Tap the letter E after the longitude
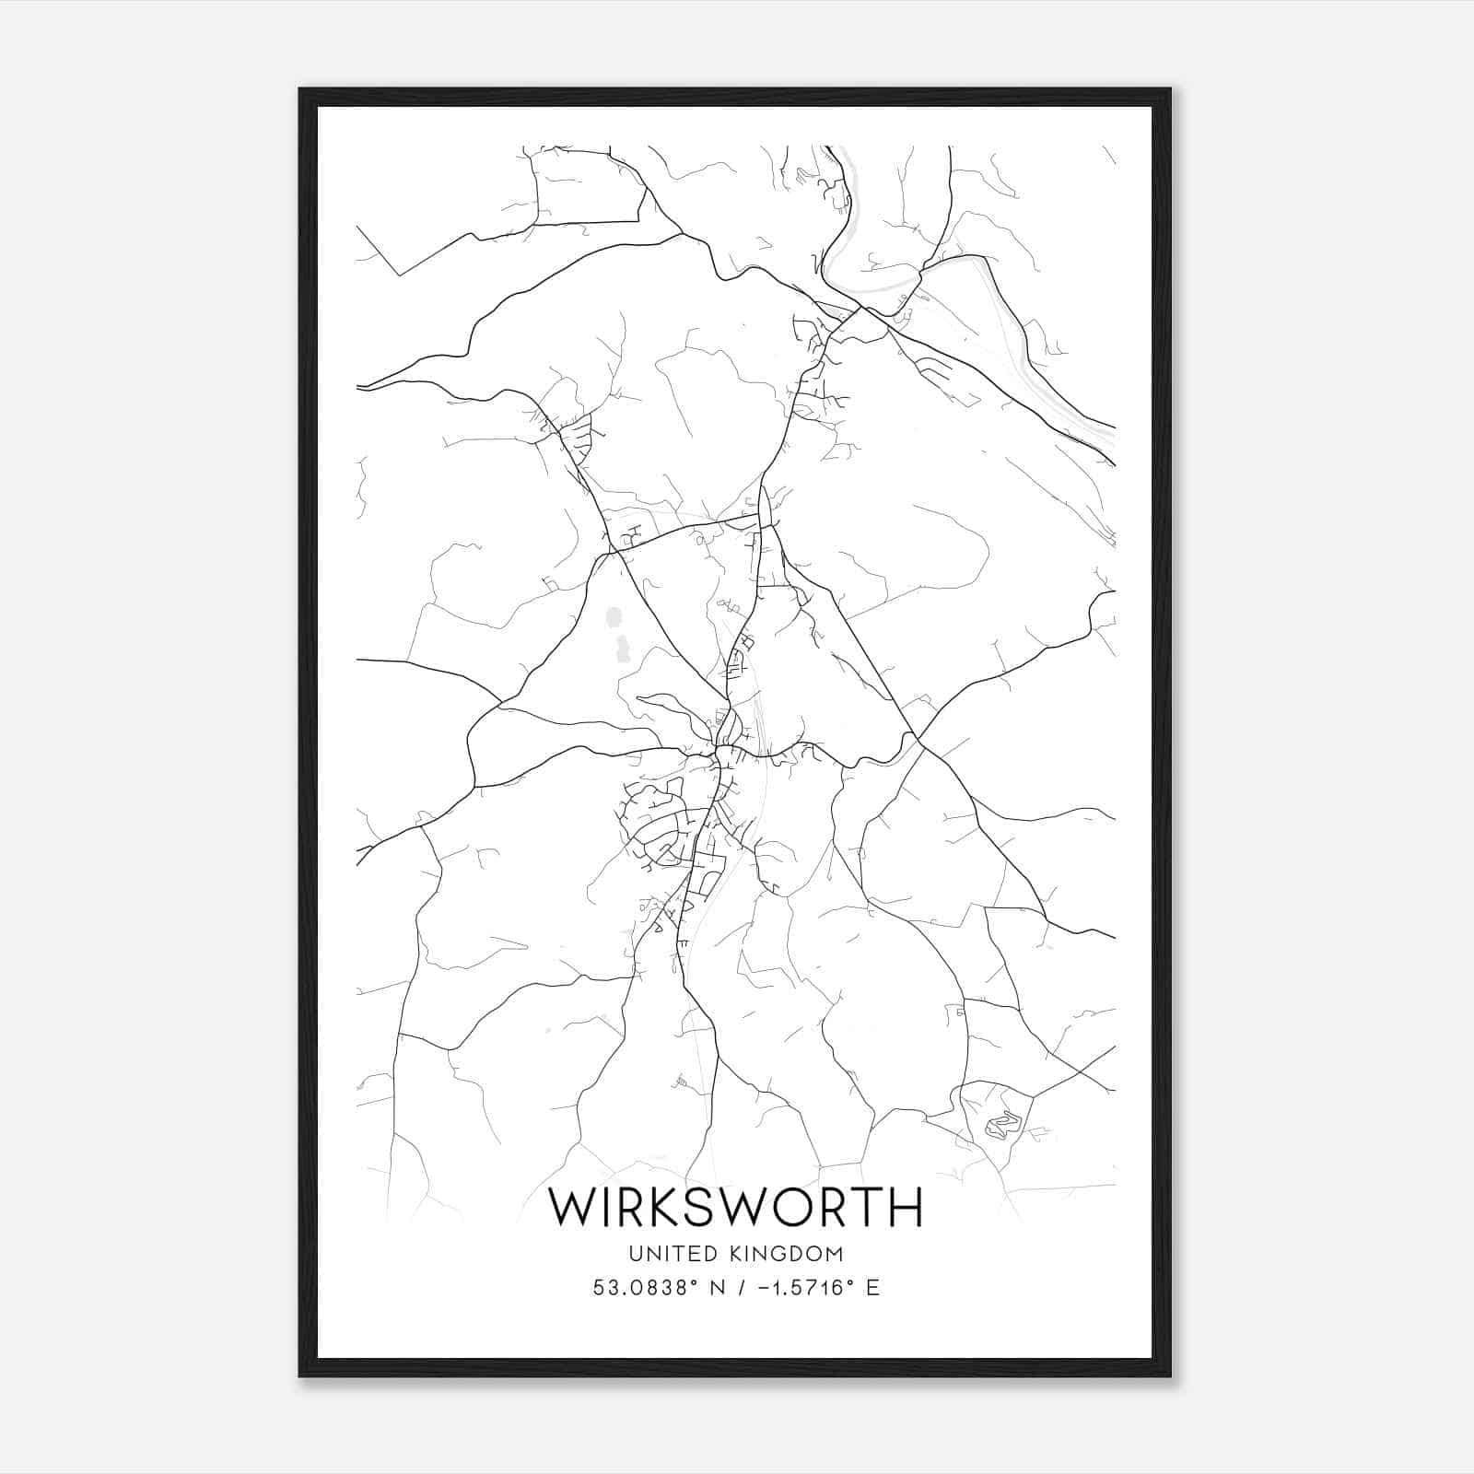pyautogui.click(x=872, y=1288)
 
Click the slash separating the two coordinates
pyautogui.click(x=738, y=1288)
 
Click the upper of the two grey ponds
pyautogui.click(x=614, y=616)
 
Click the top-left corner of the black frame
pyautogui.click(x=300, y=90)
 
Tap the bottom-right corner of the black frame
pyautogui.click(x=1169, y=1375)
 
